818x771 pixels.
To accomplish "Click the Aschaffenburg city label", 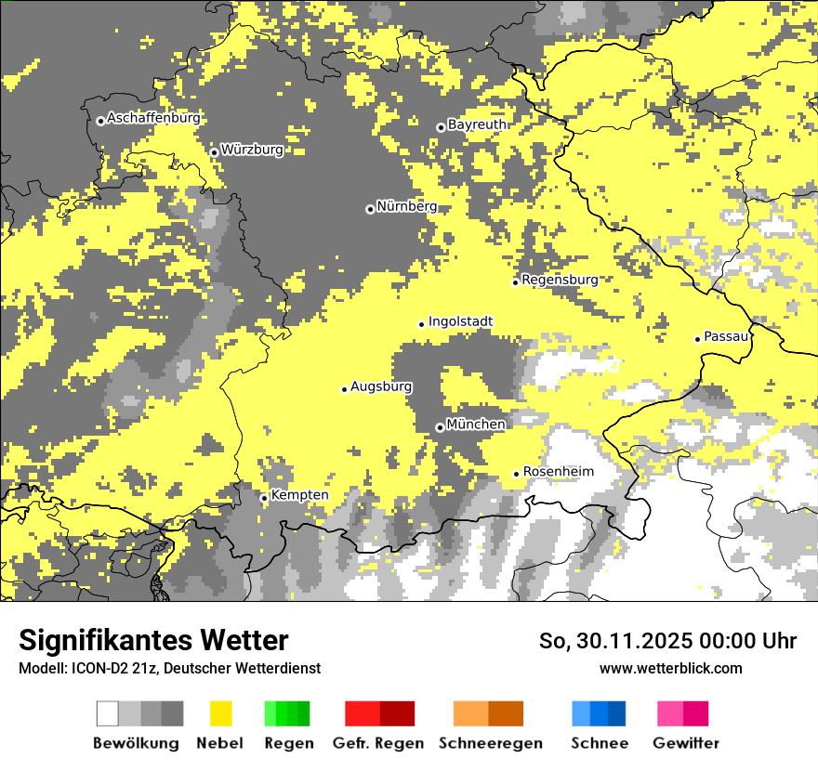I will tap(153, 118).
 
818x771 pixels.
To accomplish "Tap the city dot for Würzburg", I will tap(214, 152).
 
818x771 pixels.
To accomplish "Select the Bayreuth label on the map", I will tap(477, 124).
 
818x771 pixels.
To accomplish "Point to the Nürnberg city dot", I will tap(370, 209).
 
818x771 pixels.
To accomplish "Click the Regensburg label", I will tap(560, 280).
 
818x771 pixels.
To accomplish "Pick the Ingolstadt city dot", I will tap(421, 324).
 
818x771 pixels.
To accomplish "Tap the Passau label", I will tap(727, 336).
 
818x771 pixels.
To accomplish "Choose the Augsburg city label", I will tap(381, 386).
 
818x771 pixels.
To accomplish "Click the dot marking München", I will tap(440, 427).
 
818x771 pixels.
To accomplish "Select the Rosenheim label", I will tap(558, 472).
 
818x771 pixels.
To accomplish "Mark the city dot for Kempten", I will tap(264, 498).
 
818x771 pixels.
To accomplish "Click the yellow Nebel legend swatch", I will tap(221, 713).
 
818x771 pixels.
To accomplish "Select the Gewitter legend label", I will tap(686, 743).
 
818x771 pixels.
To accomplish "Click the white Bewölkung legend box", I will tap(108, 713).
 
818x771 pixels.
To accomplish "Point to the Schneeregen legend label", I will tap(490, 743).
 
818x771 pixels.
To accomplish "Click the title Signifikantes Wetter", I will tap(153, 641).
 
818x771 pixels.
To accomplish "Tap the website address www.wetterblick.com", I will tap(671, 668).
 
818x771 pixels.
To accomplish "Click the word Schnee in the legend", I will tap(600, 743).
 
